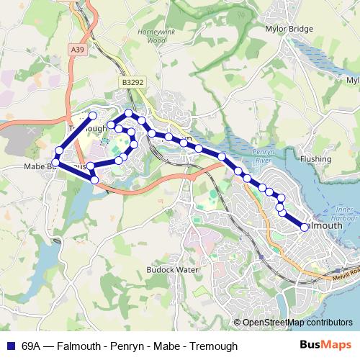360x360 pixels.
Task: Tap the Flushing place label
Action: (316, 158)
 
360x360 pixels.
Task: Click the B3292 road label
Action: (132, 83)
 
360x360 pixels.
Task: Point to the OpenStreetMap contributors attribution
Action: (297, 323)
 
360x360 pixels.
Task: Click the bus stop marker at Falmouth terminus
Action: (305, 227)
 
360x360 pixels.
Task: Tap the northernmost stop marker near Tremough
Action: (92, 115)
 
